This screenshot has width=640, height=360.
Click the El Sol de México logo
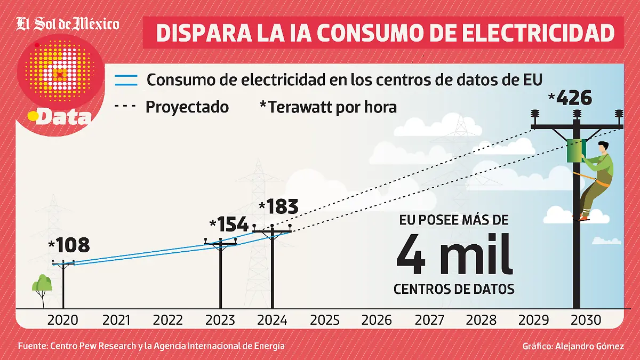coord(68,24)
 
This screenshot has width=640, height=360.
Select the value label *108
coord(69,245)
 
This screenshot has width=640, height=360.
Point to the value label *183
coord(278,207)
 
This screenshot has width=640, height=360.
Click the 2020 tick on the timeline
coord(63,320)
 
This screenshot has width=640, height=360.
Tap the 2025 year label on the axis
coord(324,320)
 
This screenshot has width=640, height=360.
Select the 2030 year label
coord(586,320)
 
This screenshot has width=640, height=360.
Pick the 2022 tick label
coord(168,320)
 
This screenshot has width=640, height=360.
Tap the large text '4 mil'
coord(454,256)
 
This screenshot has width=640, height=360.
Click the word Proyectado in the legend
coord(187,107)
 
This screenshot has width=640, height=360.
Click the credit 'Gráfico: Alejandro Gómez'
coord(573,346)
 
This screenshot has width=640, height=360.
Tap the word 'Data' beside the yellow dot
coord(65,117)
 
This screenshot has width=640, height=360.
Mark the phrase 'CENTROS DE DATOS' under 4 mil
coord(454,289)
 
